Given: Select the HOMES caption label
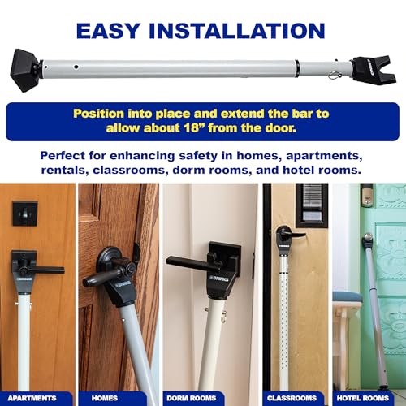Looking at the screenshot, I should coord(116,399).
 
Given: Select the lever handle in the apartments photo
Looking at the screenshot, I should coord(41,267).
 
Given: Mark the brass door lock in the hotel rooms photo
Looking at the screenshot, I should coord(367,197).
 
